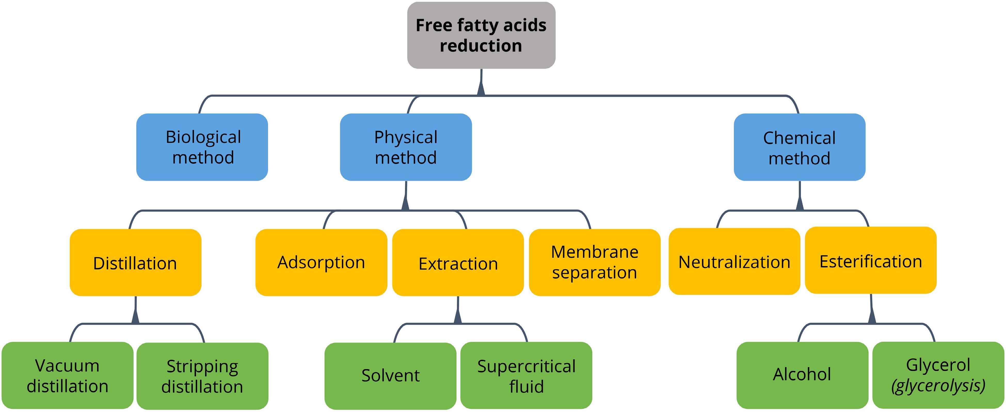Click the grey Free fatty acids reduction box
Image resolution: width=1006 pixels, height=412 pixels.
click(x=481, y=35)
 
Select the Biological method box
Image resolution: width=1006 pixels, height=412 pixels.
click(x=202, y=147)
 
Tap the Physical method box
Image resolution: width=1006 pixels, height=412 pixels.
click(x=406, y=147)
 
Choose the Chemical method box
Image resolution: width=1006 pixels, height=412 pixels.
click(x=800, y=147)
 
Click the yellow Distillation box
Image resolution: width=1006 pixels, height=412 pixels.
click(x=135, y=262)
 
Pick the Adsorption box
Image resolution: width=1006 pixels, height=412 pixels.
click(x=321, y=262)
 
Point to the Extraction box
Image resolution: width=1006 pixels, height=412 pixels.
click(x=458, y=262)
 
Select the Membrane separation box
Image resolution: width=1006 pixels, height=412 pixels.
click(x=594, y=262)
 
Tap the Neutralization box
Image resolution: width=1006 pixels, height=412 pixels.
click(x=734, y=261)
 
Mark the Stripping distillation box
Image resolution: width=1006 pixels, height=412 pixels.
click(x=202, y=376)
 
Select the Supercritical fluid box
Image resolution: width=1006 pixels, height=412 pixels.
click(x=526, y=375)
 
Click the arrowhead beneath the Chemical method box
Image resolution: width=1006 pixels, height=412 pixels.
click(x=800, y=203)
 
